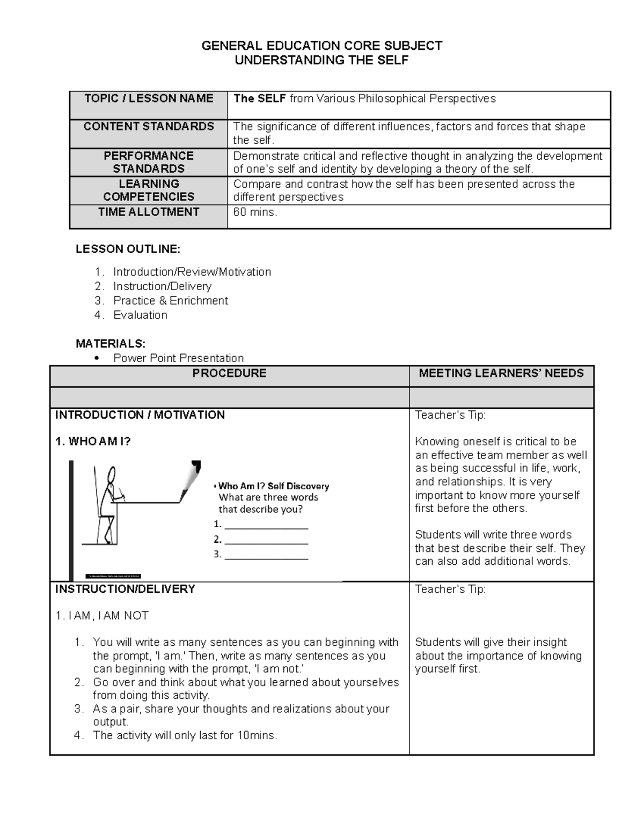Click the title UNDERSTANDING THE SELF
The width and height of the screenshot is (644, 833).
(321, 60)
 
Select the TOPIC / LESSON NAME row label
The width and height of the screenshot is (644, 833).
(149, 98)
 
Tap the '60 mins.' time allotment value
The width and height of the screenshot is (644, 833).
(255, 212)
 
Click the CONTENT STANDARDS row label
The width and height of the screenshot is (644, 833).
(149, 127)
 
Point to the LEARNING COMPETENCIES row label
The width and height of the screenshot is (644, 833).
(149, 190)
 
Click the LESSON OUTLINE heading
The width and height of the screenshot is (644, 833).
(128, 249)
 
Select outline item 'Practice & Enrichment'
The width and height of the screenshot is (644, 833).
(171, 300)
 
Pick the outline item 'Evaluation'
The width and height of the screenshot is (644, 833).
(140, 315)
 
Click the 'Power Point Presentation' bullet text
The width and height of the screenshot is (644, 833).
(178, 358)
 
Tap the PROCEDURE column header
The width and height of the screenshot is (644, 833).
(229, 373)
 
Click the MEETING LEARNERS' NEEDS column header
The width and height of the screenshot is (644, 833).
(501, 373)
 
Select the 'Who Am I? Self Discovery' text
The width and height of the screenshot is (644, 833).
(273, 486)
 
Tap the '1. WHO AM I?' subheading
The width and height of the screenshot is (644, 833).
(93, 441)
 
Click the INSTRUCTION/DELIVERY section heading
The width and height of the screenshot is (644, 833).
(125, 589)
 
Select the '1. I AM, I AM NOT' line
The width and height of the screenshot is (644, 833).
(102, 615)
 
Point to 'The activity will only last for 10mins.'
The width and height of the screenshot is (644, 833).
(185, 735)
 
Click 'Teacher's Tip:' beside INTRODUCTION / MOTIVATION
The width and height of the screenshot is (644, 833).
(450, 415)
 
